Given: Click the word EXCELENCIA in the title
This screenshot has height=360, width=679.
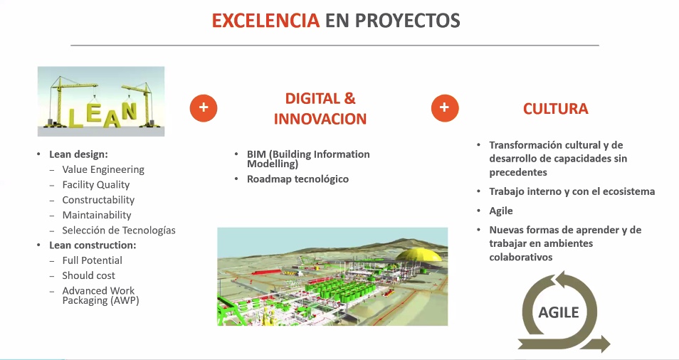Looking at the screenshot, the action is click(265, 21).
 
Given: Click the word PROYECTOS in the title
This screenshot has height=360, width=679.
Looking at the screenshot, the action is click(407, 21).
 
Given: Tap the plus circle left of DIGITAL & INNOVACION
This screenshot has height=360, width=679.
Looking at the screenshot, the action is click(204, 107).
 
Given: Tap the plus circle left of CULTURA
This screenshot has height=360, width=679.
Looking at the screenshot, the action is click(445, 107).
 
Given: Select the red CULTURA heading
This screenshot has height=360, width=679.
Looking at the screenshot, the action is click(556, 108).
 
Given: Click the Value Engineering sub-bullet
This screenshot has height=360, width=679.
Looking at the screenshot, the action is click(103, 169).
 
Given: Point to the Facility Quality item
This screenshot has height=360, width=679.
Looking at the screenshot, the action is click(95, 185).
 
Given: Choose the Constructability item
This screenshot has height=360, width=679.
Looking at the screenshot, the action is click(98, 200).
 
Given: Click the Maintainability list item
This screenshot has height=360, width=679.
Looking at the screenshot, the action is click(97, 215).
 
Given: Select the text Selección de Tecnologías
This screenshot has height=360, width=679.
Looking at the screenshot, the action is click(119, 231).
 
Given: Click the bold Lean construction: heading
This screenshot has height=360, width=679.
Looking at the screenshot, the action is click(93, 245).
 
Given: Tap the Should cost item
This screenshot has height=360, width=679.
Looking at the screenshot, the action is click(89, 275).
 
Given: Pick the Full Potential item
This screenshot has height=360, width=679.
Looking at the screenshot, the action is click(93, 260).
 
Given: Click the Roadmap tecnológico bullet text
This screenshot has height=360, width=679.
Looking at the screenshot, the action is click(298, 179).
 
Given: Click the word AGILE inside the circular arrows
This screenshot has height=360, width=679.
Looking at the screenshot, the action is click(559, 312).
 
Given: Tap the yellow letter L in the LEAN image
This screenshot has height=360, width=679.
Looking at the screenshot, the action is click(76, 117).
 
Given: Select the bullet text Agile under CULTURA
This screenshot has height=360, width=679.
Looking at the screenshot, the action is click(501, 211).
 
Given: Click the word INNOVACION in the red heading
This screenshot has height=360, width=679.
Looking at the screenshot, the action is click(320, 119).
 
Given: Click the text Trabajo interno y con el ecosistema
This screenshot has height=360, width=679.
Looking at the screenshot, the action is click(572, 191).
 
